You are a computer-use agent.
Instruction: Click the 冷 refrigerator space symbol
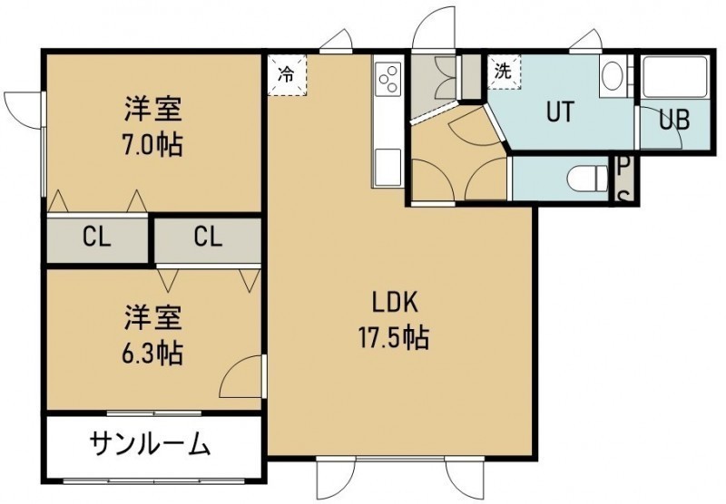pos(287,74)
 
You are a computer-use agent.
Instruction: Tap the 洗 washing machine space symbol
pos(504,72)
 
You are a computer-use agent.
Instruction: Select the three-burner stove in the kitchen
pos(388,79)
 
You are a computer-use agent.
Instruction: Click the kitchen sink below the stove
pos(388,167)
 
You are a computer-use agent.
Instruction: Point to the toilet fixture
pos(588,178)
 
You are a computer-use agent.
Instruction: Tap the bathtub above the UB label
pos(674,77)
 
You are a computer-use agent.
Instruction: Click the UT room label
pos(560,111)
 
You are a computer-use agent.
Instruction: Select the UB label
pos(674,121)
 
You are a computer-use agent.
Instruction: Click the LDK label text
pos(395,303)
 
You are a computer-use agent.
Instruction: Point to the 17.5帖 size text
pos(394,337)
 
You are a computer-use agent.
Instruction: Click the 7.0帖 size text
pos(152,144)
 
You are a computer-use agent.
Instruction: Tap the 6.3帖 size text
pos(152,354)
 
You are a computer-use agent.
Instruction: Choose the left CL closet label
pos(97,237)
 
